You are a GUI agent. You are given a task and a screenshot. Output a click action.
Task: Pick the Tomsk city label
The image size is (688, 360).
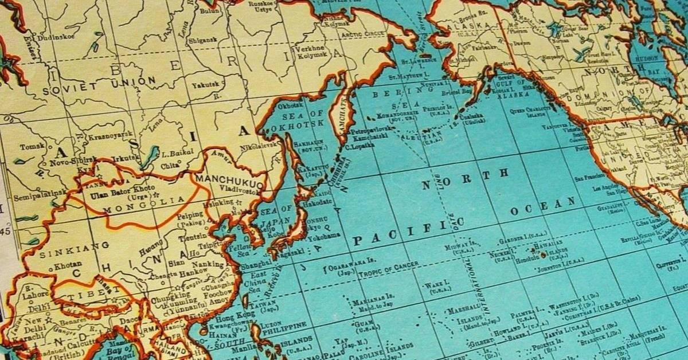31,147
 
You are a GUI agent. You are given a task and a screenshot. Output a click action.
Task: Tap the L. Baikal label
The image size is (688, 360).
173,154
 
